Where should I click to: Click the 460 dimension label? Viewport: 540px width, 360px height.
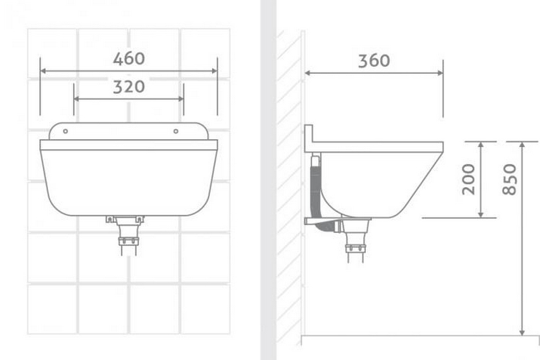point(128,59)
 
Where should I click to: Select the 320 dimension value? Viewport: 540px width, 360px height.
point(128,86)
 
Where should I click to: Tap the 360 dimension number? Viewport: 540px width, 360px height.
point(373,60)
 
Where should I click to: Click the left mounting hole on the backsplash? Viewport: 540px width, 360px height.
point(65,131)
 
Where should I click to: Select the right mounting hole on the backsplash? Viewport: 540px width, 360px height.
point(175,131)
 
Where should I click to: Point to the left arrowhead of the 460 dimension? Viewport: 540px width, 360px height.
point(43,70)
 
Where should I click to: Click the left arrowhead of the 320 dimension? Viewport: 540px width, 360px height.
point(76,99)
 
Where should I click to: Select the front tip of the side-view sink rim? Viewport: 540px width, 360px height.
point(442,146)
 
